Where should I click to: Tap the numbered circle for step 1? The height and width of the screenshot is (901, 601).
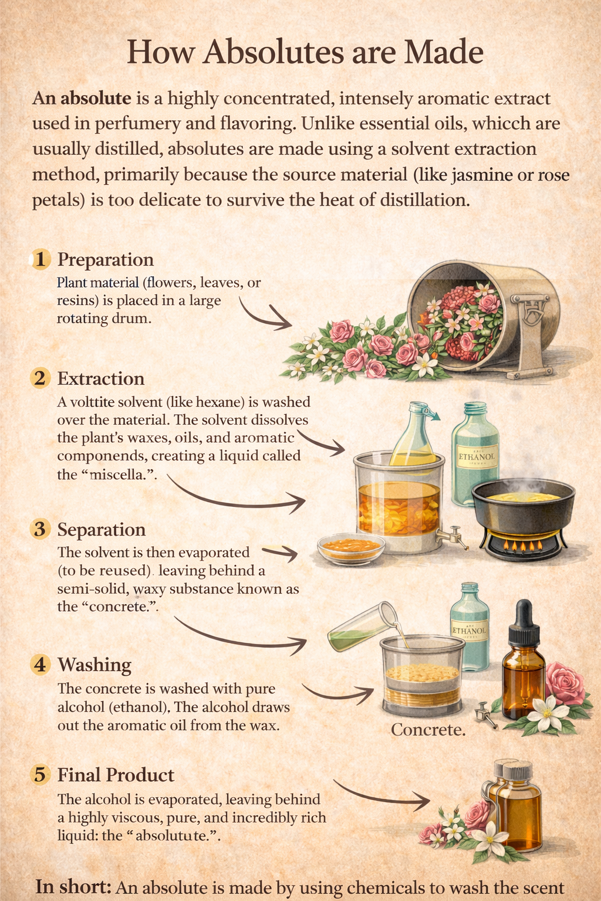point(40,259)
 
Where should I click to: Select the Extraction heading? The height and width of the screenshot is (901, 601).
point(100,378)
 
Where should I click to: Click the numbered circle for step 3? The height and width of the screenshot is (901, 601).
point(40,529)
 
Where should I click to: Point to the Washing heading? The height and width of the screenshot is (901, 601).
point(94,665)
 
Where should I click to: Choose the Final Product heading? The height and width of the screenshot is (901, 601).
point(116,775)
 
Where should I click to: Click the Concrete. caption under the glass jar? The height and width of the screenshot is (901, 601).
point(428,730)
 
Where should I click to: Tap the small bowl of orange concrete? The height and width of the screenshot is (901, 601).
point(351,547)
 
